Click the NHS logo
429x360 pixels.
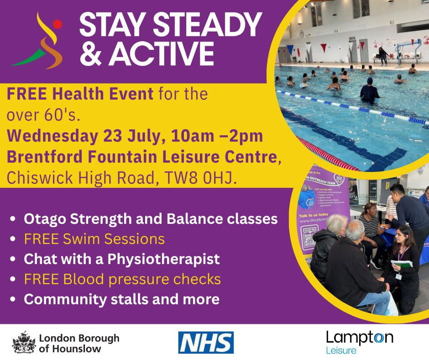(206, 342)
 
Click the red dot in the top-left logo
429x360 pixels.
(57, 24)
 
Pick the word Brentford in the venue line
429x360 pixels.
(39, 157)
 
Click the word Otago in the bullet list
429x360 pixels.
(42, 219)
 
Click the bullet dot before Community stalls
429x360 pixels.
(14, 300)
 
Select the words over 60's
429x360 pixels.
(43, 115)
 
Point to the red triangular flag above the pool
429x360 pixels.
(324, 47)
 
